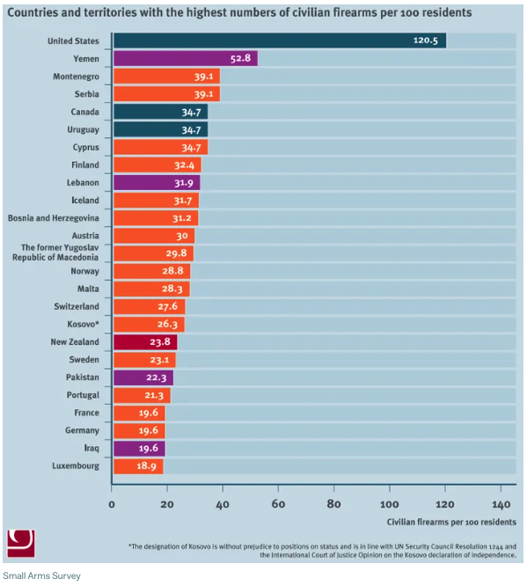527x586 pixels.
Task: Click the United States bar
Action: [280, 40]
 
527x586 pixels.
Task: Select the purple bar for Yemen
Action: [186, 58]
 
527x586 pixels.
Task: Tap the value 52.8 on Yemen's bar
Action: [240, 58]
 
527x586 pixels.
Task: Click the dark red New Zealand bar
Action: [145, 342]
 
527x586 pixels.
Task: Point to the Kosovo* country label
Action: [83, 324]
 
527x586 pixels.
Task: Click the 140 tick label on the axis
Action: [501, 504]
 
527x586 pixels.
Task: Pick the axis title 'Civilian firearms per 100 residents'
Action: [451, 522]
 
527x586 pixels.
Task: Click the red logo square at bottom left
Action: [21, 544]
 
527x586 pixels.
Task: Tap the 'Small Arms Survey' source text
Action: [42, 575]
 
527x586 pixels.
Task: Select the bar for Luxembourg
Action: [138, 466]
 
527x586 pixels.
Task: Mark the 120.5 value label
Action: [425, 40]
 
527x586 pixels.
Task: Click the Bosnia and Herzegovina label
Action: [54, 218]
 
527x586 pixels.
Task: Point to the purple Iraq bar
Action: [139, 449]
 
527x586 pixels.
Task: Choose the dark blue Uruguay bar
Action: [161, 129]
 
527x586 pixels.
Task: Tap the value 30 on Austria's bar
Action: [182, 236]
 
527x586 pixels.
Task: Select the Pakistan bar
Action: [143, 377]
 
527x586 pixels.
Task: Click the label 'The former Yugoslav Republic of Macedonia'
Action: [55, 253]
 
